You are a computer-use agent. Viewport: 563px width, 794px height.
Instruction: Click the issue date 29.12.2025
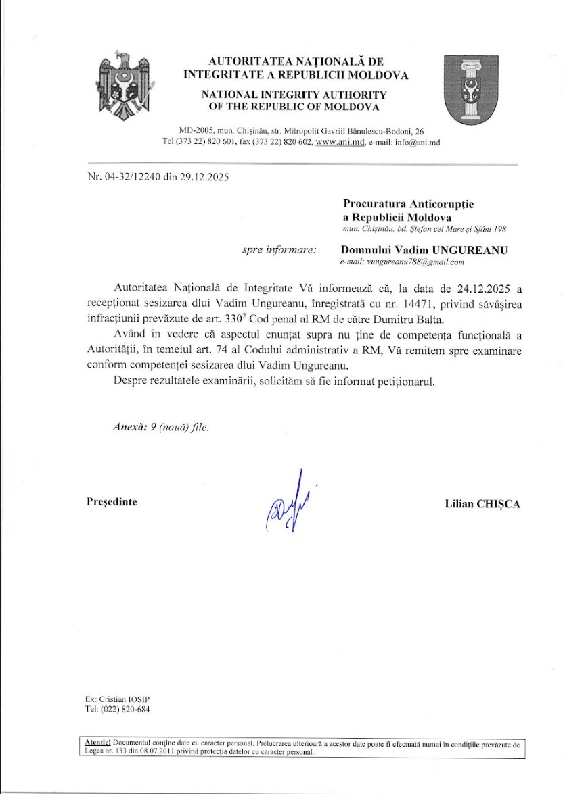pyautogui.click(x=204, y=178)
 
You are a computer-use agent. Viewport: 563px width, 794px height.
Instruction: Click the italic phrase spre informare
pyautogui.click(x=279, y=250)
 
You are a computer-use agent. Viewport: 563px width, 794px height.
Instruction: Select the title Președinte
pyautogui.click(x=112, y=502)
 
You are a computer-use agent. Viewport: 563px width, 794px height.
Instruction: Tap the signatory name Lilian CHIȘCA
pyautogui.click(x=482, y=503)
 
